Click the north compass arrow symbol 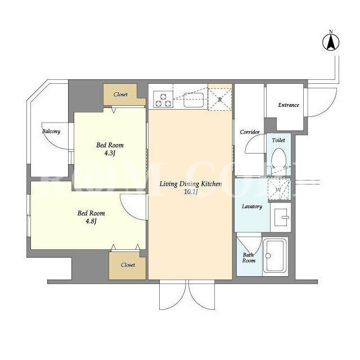coord(331,42)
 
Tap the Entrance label coord(289,105)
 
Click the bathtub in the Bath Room coord(275,255)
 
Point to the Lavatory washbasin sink coord(281,217)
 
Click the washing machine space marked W coord(279,190)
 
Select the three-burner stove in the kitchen coord(163,100)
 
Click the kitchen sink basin coord(193,100)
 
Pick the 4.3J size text coord(110,153)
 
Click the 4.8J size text coord(91,221)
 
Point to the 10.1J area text coord(191,192)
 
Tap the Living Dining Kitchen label coord(191,184)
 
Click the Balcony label coord(51,131)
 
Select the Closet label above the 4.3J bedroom coord(120,94)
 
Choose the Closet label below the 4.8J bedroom coord(128,265)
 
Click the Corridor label coord(250,132)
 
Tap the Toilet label coord(278,140)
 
